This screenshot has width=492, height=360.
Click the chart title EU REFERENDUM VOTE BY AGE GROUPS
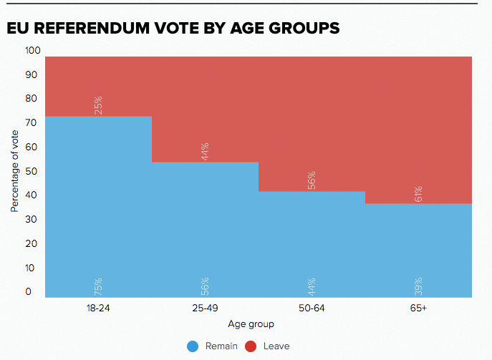[x=173, y=29]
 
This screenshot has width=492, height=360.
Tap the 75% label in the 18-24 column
[x=98, y=286]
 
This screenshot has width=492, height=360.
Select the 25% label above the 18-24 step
[x=98, y=106]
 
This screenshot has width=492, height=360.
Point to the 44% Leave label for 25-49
[x=205, y=152]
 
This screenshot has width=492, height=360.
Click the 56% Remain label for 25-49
[x=205, y=286]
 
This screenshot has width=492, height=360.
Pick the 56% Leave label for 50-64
[x=312, y=181]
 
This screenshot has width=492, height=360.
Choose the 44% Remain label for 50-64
[x=312, y=286]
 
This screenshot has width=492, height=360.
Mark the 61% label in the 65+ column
[x=419, y=194]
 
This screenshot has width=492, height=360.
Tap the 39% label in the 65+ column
[x=419, y=286]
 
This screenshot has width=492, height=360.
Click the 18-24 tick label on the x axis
[x=98, y=308]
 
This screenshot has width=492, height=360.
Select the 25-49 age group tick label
[x=205, y=308]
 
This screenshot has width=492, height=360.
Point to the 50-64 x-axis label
[x=312, y=308]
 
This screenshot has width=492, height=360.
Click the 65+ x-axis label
[x=419, y=308]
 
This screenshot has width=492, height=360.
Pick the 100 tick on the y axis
[x=33, y=50]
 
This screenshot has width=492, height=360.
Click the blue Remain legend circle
[x=192, y=346]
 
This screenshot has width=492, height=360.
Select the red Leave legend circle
[x=251, y=346]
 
